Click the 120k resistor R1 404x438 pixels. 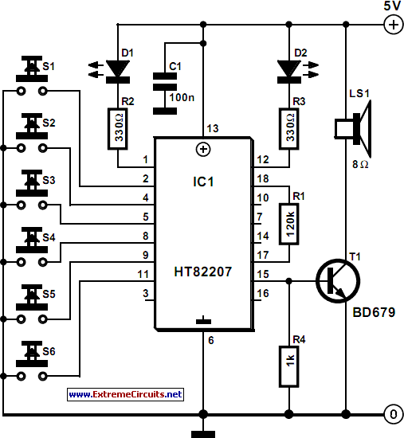click(288, 224)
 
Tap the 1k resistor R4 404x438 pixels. click(288, 366)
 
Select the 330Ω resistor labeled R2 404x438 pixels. click(118, 129)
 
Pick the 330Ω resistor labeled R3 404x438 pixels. click(288, 129)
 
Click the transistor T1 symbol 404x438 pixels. click(338, 281)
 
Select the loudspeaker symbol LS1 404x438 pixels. click(353, 129)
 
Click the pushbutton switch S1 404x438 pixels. click(32, 76)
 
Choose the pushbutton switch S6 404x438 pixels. click(32, 360)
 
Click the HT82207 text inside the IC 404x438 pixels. click(203, 272)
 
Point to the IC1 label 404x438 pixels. click(203, 182)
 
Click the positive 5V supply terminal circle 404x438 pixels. click(394, 25)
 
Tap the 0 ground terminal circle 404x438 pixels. click(394, 414)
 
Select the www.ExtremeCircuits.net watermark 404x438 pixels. click(126, 394)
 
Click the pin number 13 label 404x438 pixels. click(213, 128)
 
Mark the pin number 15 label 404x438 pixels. click(263, 274)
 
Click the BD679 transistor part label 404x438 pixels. click(374, 312)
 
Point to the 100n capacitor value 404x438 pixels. click(182, 97)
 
